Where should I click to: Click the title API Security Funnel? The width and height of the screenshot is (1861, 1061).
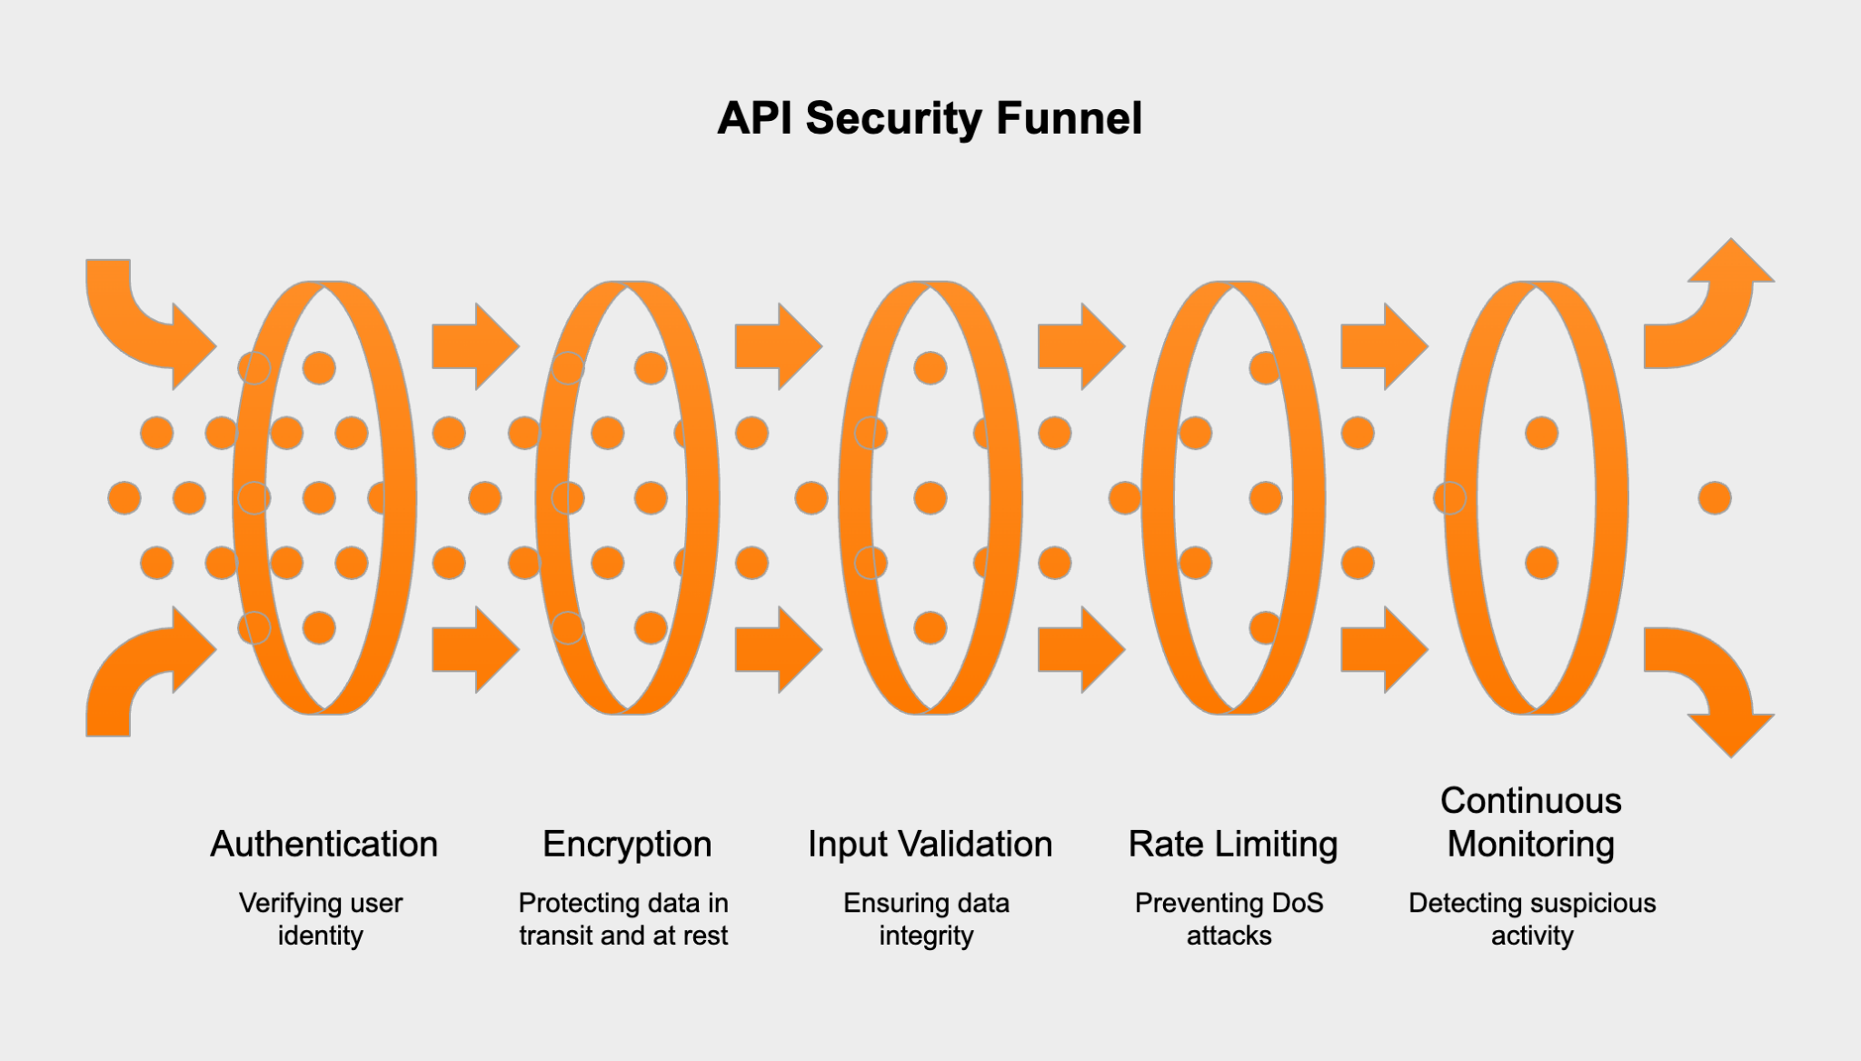point(930,119)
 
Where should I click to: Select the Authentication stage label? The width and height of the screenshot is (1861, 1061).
point(323,845)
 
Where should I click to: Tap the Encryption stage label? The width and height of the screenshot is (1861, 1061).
point(627,845)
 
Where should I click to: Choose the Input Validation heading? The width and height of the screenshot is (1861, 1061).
point(930,845)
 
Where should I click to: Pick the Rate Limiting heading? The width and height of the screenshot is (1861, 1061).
point(1232,845)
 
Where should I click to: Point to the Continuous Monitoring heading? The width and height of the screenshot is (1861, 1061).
point(1531,822)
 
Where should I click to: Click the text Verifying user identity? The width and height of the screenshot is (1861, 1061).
point(321,919)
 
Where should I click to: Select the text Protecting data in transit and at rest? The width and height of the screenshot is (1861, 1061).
point(623,919)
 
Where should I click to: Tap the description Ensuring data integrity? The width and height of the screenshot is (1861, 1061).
point(926,919)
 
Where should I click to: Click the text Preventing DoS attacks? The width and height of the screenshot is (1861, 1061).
point(1229,919)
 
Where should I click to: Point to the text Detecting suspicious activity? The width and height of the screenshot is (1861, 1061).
point(1532,919)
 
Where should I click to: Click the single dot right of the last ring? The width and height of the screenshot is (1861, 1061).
point(1715,498)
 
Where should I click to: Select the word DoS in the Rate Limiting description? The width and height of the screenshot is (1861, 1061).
point(1298,904)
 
